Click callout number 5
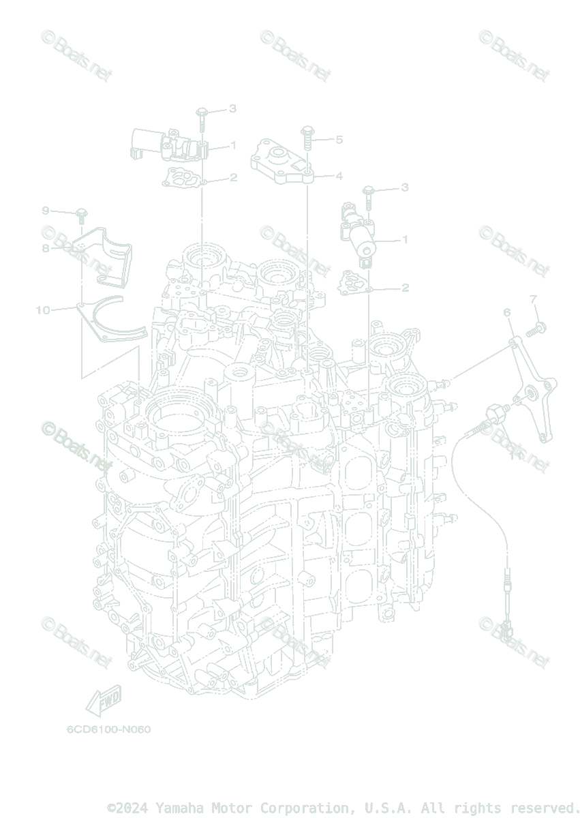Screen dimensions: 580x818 tap(339, 140)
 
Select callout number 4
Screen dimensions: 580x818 tap(339, 176)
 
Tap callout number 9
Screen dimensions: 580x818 tap(46, 209)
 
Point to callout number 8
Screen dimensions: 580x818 tap(46, 248)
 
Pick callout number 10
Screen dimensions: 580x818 tap(43, 310)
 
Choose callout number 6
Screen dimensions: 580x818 tap(507, 312)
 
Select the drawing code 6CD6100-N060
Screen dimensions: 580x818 tap(108, 729)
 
